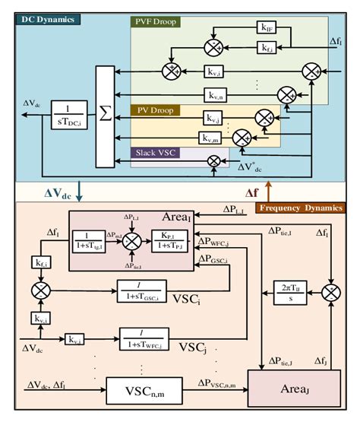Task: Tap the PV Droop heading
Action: pos(156,110)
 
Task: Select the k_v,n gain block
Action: pos(214,95)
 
